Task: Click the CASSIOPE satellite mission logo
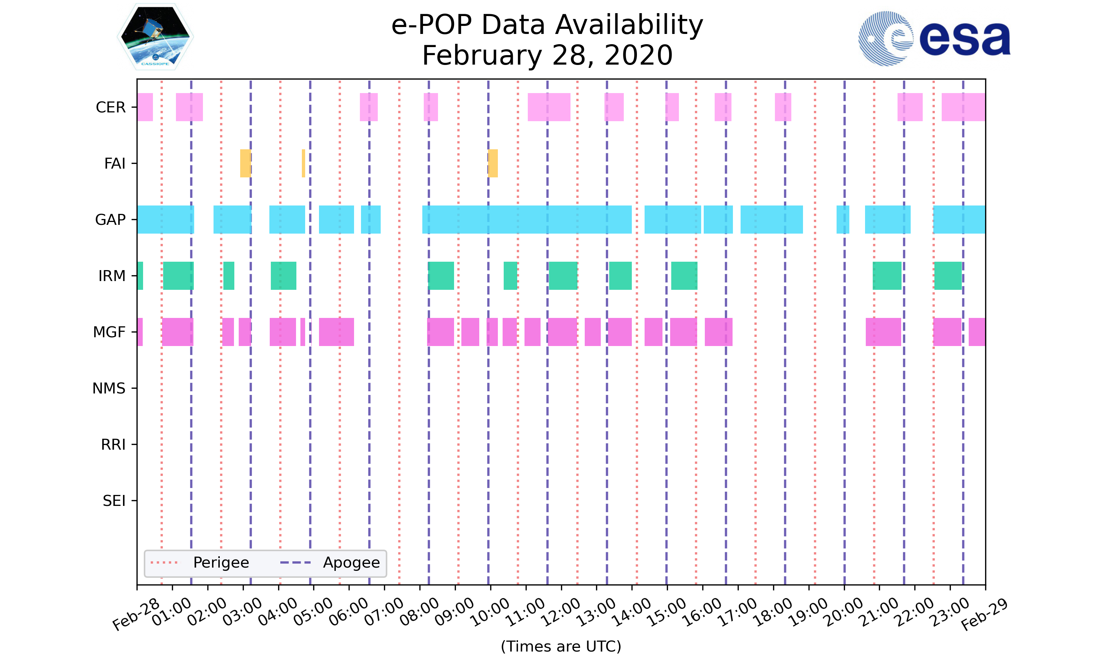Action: [x=155, y=37]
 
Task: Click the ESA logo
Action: [x=934, y=39]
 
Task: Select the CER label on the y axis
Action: [x=111, y=107]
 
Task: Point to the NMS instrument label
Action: [x=109, y=388]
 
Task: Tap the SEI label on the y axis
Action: [x=114, y=501]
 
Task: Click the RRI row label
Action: [x=113, y=445]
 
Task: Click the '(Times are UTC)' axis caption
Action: [x=561, y=646]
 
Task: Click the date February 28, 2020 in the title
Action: [x=547, y=55]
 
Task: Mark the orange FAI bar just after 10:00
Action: [x=493, y=164]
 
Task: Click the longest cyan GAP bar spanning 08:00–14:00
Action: [x=527, y=220]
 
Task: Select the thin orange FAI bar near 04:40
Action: [x=303, y=164]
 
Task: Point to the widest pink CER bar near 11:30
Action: [x=549, y=107]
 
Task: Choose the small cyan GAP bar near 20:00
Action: [x=843, y=220]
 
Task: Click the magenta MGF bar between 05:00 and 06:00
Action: [x=337, y=332]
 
